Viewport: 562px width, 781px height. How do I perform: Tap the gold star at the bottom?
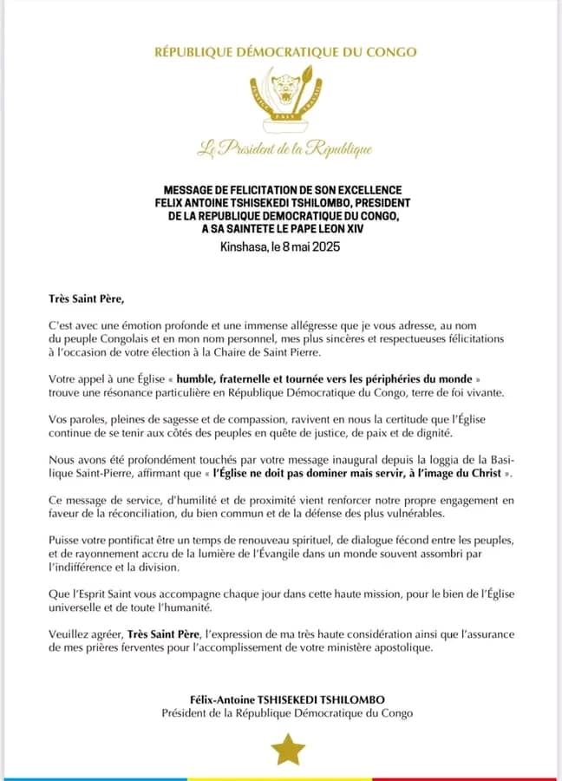tap(287, 749)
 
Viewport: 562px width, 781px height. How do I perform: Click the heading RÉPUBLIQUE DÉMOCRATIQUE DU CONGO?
tap(285, 52)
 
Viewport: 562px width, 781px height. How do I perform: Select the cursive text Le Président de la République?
tap(285, 149)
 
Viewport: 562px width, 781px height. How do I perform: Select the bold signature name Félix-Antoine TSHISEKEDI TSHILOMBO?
tap(287, 699)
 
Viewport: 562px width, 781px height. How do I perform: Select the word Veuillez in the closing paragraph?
tap(71, 634)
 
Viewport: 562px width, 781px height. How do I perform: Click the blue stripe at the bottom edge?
tap(87, 778)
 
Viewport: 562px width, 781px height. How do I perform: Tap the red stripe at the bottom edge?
tap(512, 778)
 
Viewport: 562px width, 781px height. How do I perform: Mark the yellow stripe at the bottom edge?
tap(286, 778)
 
